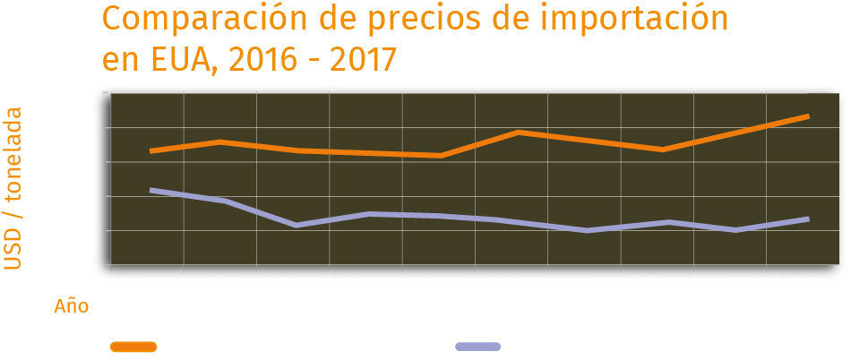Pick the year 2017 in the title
pos(362,59)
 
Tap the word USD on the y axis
pos(13,247)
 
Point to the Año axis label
pos(72,306)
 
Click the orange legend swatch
pos(133,347)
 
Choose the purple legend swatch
pos(477,347)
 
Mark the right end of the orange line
pos(807,116)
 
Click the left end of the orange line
pos(151,150)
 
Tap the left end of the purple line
pos(151,190)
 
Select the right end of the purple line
pos(807,219)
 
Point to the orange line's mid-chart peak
pos(518,133)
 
